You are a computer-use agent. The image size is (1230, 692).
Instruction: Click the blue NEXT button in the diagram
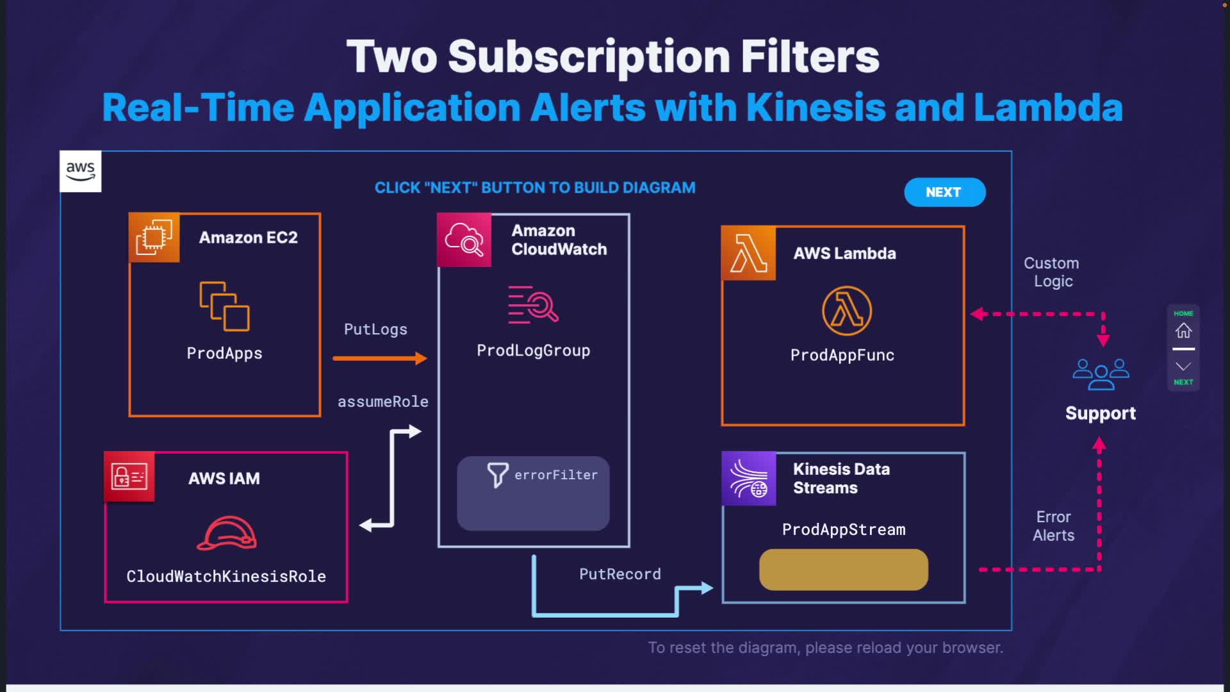coord(944,192)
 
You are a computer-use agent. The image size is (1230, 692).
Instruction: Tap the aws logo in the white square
coord(80,171)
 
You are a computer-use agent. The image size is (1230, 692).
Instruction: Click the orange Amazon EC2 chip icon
coord(154,238)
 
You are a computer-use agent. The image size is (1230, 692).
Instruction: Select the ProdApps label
coord(224,353)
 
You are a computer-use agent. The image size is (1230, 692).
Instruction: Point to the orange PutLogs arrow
coord(379,358)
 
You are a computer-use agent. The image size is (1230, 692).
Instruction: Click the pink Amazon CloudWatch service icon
coord(464,240)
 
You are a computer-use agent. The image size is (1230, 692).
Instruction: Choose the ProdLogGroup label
coord(533,350)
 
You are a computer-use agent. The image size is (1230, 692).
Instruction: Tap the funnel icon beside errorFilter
coord(497,475)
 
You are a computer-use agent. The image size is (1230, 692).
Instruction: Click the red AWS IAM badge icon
coord(129,477)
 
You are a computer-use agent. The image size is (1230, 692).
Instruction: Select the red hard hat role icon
coord(227,533)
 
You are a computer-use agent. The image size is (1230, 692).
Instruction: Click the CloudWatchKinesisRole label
coord(225,576)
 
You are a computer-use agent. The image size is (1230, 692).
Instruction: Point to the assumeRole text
coord(382,402)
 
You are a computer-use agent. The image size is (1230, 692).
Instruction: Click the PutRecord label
coord(619,574)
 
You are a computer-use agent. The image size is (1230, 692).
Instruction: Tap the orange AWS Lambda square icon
coord(748,253)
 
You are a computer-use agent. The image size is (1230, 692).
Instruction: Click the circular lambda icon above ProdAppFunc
coord(846,311)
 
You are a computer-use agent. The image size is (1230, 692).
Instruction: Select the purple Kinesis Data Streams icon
coord(749,479)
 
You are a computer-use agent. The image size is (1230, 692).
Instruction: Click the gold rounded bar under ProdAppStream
coord(843,570)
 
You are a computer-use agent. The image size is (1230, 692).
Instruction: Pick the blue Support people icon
coord(1101,374)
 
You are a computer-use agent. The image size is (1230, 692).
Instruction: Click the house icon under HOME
coord(1183,331)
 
